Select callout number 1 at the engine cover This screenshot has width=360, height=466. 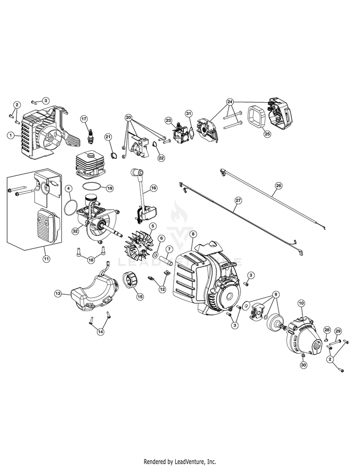(x=10, y=136)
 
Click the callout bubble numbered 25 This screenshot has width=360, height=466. (x=267, y=134)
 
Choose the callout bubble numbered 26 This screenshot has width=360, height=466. (x=278, y=185)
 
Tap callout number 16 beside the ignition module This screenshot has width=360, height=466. (x=154, y=188)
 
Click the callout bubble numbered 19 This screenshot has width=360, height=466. (x=109, y=188)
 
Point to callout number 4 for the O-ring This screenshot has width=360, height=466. (x=69, y=188)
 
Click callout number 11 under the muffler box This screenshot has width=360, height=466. (x=47, y=259)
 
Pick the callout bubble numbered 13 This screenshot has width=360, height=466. (x=58, y=293)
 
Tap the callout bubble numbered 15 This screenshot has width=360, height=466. (x=140, y=297)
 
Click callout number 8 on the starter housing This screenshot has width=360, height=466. (x=193, y=234)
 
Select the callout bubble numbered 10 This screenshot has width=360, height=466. (x=301, y=303)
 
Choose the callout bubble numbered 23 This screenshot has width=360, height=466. (x=168, y=120)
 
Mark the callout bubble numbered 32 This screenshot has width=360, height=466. (x=75, y=231)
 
